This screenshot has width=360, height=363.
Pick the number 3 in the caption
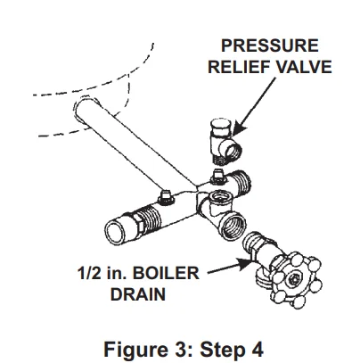(179, 342)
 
